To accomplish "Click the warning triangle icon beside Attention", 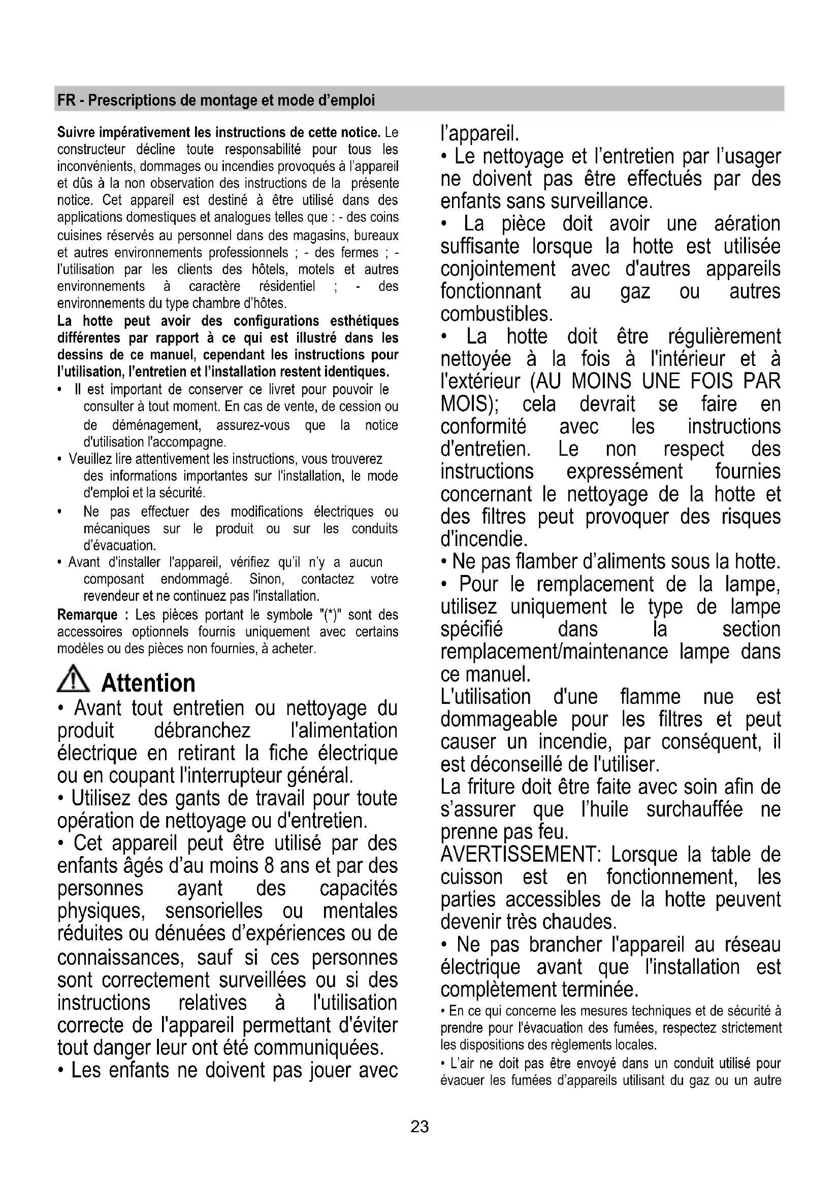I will (x=73, y=679).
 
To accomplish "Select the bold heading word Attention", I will (x=148, y=683).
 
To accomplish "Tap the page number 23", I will (x=419, y=1127).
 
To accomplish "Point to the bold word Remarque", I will (x=87, y=615).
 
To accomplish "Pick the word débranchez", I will (x=202, y=730).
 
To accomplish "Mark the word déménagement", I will (x=156, y=425).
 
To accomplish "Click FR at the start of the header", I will (x=66, y=100).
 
